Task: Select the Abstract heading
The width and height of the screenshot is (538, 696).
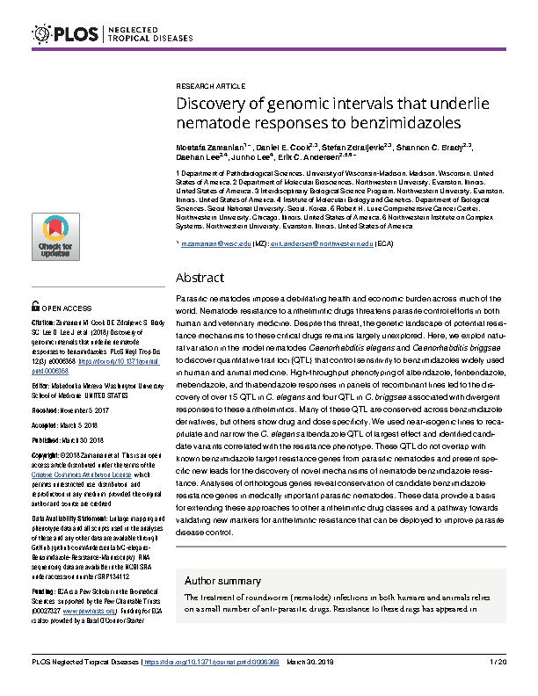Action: click(x=200, y=278)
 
